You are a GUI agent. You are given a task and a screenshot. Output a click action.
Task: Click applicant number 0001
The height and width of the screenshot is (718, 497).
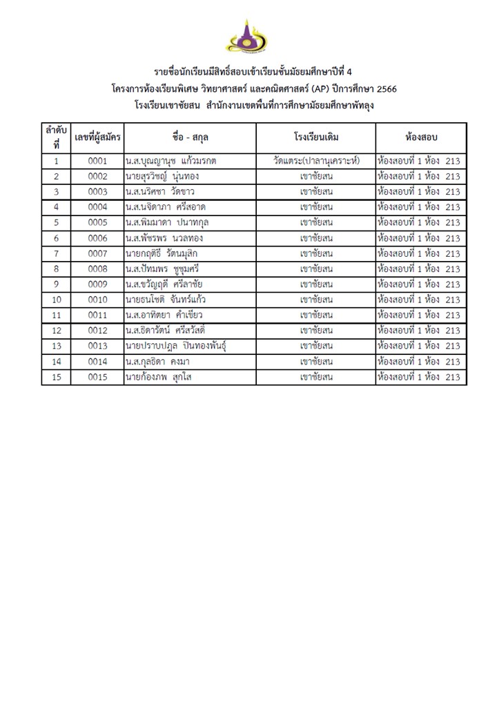point(97,161)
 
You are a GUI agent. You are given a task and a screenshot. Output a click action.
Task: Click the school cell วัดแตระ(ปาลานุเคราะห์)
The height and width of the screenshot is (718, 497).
point(316,161)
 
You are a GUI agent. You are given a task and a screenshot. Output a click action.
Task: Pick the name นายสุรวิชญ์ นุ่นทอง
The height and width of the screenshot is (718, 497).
point(162,176)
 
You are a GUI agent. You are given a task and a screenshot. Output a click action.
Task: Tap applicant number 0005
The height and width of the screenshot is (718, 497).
point(97,222)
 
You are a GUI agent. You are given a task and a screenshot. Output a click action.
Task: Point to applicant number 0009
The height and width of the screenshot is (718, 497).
point(97,284)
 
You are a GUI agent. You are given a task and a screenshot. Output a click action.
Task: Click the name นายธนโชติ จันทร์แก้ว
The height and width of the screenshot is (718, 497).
point(166,299)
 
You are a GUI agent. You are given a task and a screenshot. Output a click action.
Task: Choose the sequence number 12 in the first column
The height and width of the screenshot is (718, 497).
point(56,330)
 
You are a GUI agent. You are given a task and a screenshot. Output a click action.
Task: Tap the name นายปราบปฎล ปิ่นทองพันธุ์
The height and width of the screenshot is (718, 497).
point(176,345)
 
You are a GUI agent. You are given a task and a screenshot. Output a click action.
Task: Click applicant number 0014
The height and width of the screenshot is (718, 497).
point(97,361)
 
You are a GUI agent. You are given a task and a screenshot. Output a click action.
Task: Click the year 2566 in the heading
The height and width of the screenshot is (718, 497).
point(384,89)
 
